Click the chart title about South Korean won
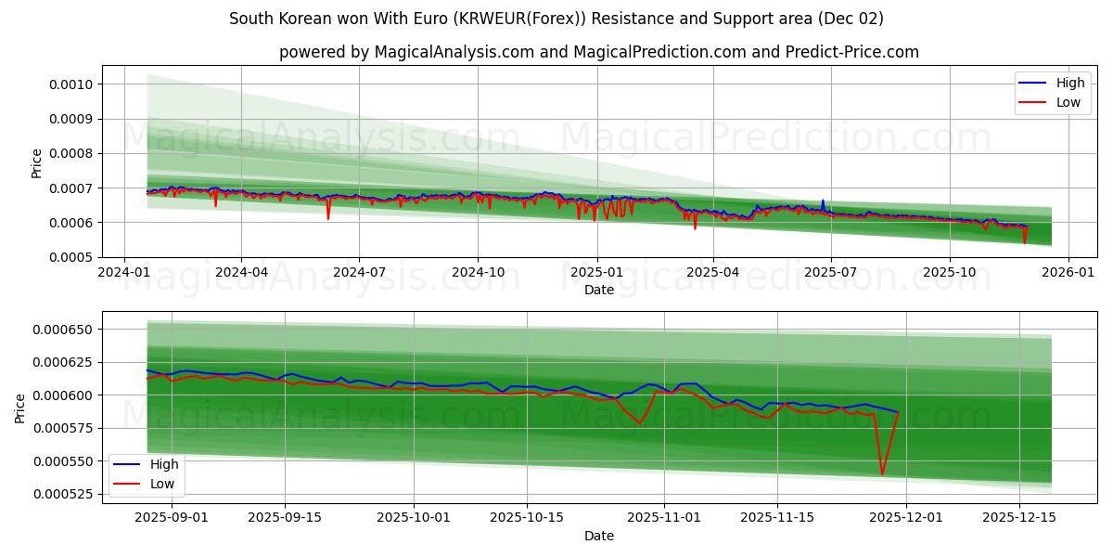[556, 19]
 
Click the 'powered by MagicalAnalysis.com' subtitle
[598, 52]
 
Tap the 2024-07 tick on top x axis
[359, 272]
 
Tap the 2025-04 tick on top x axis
[713, 272]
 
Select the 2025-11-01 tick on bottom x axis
[664, 518]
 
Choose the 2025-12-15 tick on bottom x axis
[1019, 518]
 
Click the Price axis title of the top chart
[37, 162]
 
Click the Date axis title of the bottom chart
[598, 536]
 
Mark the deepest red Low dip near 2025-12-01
[882, 474]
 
